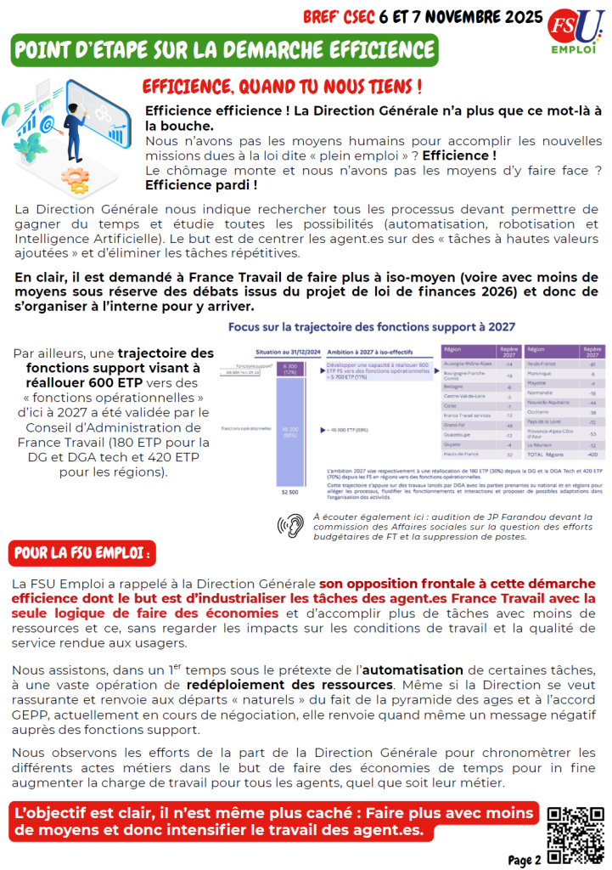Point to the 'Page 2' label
pos(525,860)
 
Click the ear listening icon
pos(290,526)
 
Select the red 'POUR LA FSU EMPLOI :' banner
pos(82,553)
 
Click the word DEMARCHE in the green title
pos(262,50)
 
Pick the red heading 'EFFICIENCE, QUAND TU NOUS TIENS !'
pos(281,87)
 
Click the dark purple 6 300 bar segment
pos(290,369)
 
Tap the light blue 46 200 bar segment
pos(290,432)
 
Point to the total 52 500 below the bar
pos(290,491)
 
